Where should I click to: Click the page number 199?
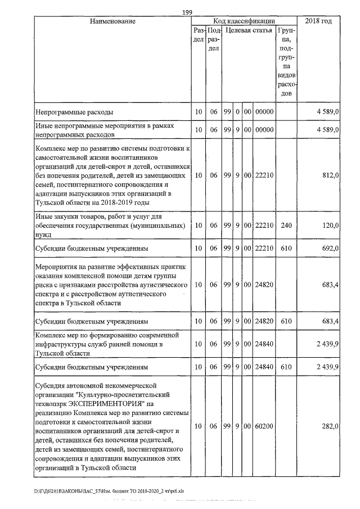point(188,13)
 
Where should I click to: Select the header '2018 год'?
point(318,21)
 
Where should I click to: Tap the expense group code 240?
point(286,225)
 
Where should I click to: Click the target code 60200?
point(264,427)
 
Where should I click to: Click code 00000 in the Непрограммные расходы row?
point(264,112)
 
